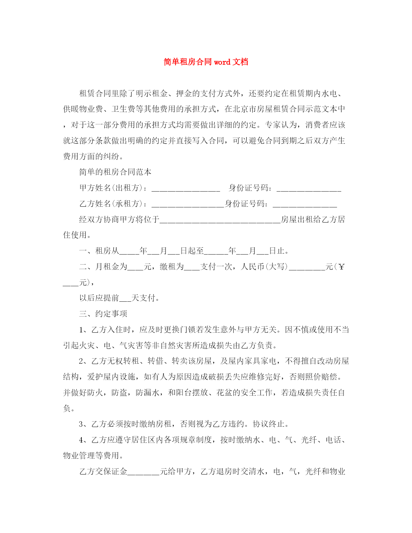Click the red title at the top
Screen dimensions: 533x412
pyautogui.click(x=206, y=62)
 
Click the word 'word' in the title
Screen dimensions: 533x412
pyautogui.click(x=222, y=62)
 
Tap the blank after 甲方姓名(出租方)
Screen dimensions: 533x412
pyautogui.click(x=185, y=189)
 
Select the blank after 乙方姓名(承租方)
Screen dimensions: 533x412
pyautogui.click(x=187, y=204)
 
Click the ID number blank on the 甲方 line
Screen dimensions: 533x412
pyautogui.click(x=309, y=189)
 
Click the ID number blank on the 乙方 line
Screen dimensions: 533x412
pyautogui.click(x=305, y=204)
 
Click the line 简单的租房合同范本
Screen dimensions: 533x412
pyautogui.click(x=115, y=172)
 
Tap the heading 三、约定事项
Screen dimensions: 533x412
pyautogui.click(x=103, y=314)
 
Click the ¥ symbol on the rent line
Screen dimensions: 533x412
pyautogui.click(x=342, y=267)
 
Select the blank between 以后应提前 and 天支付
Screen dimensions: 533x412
pyautogui.click(x=125, y=299)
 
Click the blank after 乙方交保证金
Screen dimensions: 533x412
pyautogui.click(x=143, y=473)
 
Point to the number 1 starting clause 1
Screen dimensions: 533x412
pyautogui.click(x=81, y=330)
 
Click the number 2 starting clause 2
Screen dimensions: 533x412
pyautogui.click(x=81, y=361)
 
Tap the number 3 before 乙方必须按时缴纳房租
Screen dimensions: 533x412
pyautogui.click(x=81, y=424)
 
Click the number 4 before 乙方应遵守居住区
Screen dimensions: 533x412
pyautogui.click(x=81, y=440)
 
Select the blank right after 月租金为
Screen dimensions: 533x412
pyautogui.click(x=135, y=268)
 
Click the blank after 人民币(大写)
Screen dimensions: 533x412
pyautogui.click(x=307, y=268)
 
